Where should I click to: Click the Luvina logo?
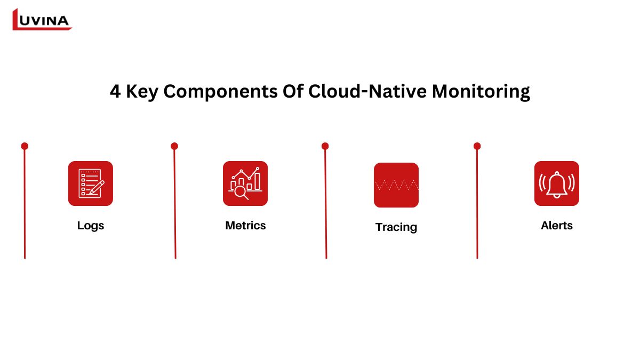42,19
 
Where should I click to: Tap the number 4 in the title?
115,91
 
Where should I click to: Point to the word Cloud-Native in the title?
367,91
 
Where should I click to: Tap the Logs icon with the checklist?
91,183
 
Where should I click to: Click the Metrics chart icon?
245,183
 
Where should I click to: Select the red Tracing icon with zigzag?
396,185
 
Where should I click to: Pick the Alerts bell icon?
557,183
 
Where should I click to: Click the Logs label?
91,226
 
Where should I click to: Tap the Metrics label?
245,226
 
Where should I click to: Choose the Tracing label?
396,227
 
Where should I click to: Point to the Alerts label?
557,226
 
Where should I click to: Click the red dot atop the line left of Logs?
25,146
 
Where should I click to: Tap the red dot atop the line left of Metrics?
174,146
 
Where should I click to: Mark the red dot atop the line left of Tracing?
325,146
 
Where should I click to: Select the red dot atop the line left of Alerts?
477,146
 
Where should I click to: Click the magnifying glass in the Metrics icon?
241,193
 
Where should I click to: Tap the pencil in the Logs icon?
97,187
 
